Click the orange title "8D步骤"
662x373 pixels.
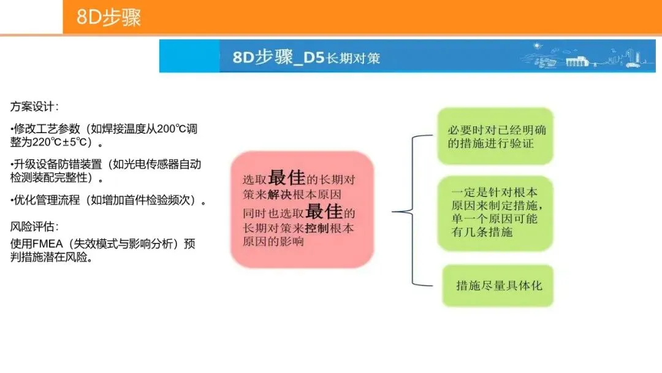(108, 17)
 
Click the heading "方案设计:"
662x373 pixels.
(34, 106)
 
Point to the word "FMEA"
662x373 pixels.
(51, 244)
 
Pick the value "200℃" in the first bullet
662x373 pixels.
(167, 129)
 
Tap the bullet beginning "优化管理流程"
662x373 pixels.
(108, 201)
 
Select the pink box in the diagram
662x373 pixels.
(302, 209)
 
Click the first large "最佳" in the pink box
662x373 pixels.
(286, 177)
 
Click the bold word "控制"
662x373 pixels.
(318, 228)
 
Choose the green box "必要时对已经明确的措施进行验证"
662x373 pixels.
(495, 136)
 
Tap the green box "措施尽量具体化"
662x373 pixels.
(498, 285)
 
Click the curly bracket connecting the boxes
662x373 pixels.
(411, 212)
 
